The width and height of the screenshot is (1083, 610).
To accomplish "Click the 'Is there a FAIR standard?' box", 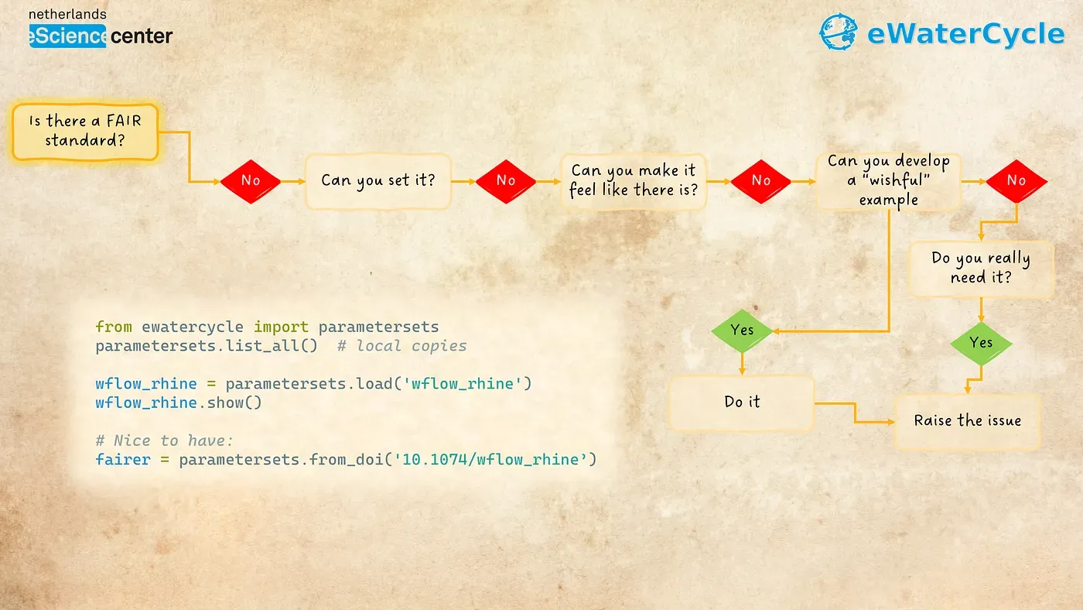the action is click(x=85, y=132).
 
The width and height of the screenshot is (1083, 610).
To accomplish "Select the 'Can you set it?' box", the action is click(x=378, y=181).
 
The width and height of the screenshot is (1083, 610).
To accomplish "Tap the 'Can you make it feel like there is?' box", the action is click(x=634, y=181).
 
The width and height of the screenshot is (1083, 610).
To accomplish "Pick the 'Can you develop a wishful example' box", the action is click(x=888, y=181).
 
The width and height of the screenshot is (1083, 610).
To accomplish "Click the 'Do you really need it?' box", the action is click(x=981, y=269).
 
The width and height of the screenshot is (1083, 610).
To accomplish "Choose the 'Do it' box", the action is click(x=742, y=403).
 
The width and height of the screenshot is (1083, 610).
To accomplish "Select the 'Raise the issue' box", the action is click(x=968, y=421).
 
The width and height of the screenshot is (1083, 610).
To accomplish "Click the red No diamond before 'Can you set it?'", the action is click(x=251, y=181).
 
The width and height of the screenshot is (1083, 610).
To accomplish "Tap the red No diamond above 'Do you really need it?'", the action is click(x=1016, y=181).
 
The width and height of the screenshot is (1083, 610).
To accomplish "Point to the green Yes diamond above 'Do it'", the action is click(x=742, y=331).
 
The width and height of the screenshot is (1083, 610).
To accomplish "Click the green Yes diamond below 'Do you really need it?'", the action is click(x=981, y=344).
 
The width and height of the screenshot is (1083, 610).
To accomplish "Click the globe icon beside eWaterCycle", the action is click(x=839, y=32).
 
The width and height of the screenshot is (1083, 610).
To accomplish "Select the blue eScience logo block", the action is click(x=68, y=36).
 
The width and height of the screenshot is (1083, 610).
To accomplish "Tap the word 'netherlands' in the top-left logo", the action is click(x=68, y=15).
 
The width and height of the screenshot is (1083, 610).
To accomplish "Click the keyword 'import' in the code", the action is click(x=281, y=327).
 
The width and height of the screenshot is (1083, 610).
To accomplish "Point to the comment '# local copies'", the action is click(x=402, y=346).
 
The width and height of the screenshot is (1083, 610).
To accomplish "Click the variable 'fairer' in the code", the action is click(x=123, y=460).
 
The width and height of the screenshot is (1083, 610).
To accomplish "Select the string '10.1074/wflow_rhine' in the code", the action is click(x=490, y=460).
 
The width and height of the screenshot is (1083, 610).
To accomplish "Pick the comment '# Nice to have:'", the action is click(x=164, y=440).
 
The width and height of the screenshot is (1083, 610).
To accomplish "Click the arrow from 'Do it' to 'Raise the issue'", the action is click(x=855, y=412).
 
